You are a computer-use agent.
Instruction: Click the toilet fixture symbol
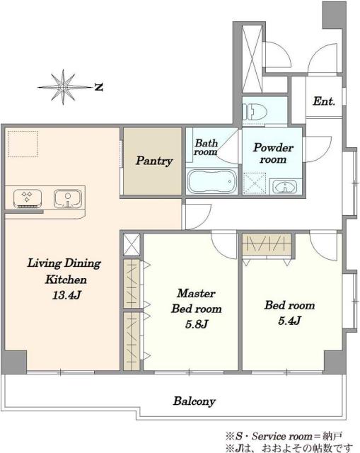255,112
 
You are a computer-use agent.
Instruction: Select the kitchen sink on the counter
68,198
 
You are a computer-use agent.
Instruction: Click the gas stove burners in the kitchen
28,198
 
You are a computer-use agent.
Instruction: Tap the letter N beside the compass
99,87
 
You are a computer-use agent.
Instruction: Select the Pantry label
154,161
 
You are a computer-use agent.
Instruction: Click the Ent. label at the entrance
324,101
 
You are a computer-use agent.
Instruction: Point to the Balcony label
194,401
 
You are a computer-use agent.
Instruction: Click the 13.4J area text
66,295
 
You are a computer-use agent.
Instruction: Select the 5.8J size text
197,324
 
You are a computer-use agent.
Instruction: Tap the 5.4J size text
289,321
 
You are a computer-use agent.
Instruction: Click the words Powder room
273,153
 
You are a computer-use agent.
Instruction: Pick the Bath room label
206,147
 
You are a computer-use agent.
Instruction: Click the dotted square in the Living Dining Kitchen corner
23,144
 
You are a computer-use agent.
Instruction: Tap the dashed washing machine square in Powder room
255,183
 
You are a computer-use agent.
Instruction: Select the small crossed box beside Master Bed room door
132,244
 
